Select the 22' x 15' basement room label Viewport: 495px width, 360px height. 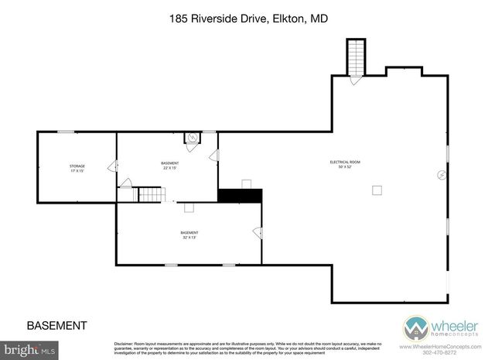pos(169,165)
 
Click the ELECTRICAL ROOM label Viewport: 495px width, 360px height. pos(345,163)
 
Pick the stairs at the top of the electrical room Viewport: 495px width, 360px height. pos(356,57)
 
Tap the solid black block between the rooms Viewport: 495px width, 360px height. pos(241,196)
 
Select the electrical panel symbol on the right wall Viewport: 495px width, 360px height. pos(441,175)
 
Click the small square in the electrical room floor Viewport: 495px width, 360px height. pos(377,190)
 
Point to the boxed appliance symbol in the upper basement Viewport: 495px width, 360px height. pos(191,139)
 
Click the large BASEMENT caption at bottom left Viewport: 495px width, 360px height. pos(56,325)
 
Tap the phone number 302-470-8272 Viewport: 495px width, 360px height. pos(463,352)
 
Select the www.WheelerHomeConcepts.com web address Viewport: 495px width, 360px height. pos(455,346)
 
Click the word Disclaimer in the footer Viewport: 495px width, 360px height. pos(125,342)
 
